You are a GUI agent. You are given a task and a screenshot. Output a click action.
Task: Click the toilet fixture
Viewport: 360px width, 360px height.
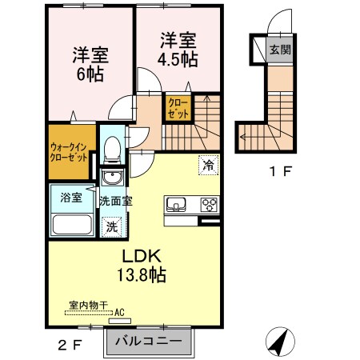click(113, 148)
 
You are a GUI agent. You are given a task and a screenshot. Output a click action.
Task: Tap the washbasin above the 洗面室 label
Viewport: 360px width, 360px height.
click(113, 178)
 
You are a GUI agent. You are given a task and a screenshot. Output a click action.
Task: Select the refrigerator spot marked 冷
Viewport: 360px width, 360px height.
click(207, 166)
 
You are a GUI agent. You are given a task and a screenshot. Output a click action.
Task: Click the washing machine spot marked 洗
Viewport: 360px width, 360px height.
click(112, 226)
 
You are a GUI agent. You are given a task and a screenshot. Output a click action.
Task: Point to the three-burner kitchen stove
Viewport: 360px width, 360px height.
click(209, 203)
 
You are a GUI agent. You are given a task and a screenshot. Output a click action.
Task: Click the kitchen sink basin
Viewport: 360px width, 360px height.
click(176, 204)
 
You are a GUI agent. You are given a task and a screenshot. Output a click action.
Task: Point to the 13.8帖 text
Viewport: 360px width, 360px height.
click(144, 275)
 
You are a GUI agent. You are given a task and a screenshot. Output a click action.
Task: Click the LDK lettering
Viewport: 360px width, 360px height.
click(142, 256)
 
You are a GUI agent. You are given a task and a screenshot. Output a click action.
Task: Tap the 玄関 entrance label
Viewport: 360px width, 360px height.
click(280, 50)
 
